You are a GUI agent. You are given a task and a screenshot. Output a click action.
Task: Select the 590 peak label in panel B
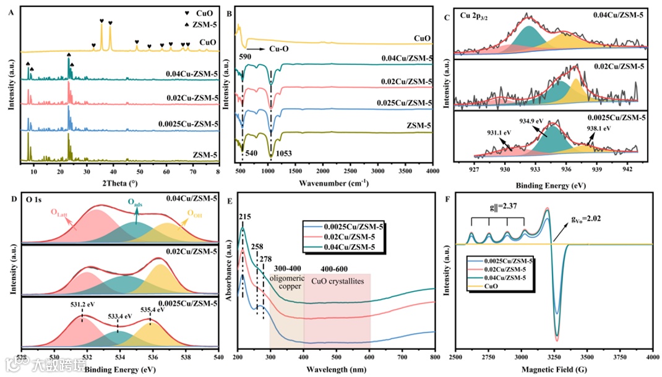245,56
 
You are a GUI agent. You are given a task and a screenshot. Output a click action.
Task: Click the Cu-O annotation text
282,48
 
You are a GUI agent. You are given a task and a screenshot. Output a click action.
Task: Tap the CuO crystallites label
337,280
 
